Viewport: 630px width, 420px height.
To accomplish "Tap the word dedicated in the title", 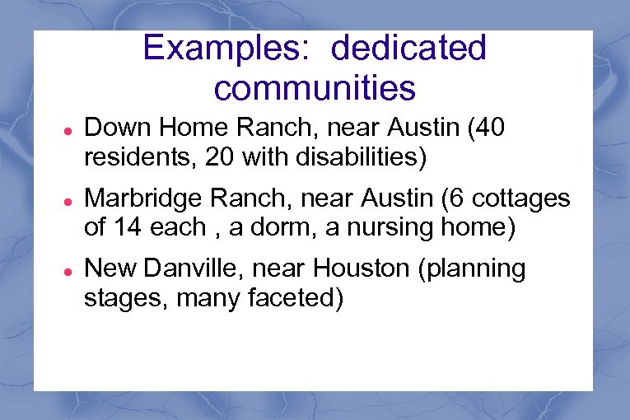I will (408, 49).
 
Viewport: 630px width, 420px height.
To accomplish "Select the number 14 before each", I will (128, 226).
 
